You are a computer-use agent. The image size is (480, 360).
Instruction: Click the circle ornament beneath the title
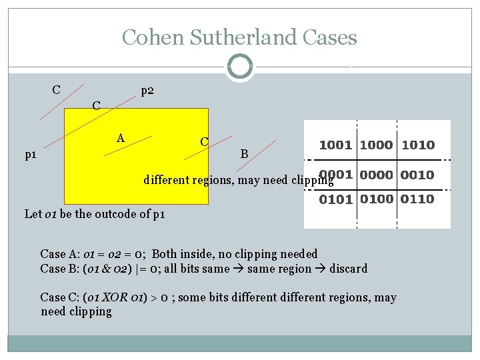click(240, 67)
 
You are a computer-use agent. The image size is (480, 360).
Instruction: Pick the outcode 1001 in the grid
click(336, 145)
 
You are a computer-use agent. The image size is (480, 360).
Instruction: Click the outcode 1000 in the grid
click(377, 145)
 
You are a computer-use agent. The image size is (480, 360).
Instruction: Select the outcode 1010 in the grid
click(417, 145)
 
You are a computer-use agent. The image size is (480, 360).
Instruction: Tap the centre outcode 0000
click(377, 175)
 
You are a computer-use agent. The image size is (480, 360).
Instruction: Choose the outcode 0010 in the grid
click(417, 175)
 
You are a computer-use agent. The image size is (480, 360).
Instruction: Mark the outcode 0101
click(336, 199)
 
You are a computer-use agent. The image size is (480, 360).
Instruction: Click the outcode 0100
click(377, 199)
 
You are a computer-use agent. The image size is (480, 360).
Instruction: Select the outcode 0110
click(417, 199)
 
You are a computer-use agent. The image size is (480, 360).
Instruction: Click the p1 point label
click(30, 155)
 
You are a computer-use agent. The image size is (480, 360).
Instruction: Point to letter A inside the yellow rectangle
click(121, 138)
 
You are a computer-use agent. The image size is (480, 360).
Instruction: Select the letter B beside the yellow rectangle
click(244, 155)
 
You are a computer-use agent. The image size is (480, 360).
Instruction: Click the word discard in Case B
click(349, 269)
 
